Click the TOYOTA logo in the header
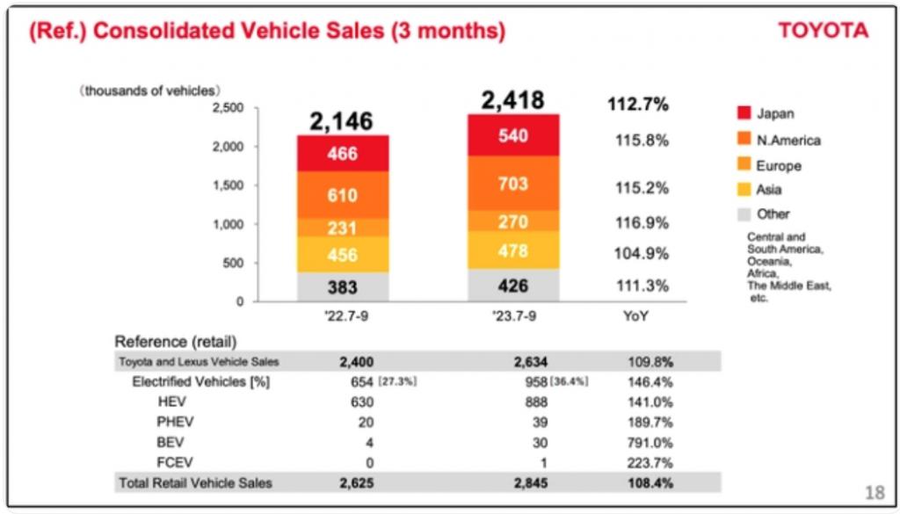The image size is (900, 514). (x=823, y=31)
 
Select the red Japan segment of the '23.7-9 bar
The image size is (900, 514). (x=512, y=137)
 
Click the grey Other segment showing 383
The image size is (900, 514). (x=343, y=287)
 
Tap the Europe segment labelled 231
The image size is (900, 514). (x=343, y=228)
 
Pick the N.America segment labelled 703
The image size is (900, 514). (x=512, y=184)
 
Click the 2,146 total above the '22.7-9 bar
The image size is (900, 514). (x=342, y=121)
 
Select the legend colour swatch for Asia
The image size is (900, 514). (x=744, y=190)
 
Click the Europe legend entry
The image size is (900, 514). (x=778, y=165)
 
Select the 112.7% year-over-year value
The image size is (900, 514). (x=638, y=105)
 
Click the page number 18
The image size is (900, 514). (x=875, y=492)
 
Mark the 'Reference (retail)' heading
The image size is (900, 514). (x=177, y=341)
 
